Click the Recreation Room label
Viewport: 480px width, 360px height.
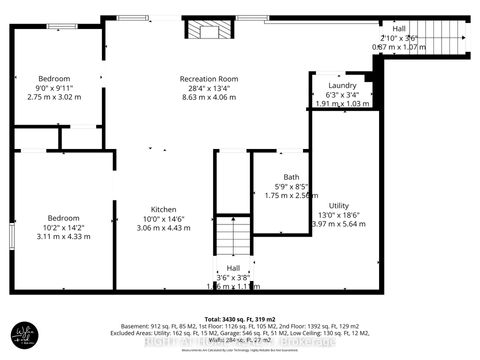[207, 78]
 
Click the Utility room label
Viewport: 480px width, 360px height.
[339, 204]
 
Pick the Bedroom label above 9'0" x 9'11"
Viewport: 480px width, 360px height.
[53, 78]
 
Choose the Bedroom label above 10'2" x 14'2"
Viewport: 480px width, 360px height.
[50, 215]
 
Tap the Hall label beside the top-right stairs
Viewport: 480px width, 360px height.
[399, 29]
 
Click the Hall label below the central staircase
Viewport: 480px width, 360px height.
[232, 267]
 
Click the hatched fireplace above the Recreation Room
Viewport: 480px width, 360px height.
[208, 30]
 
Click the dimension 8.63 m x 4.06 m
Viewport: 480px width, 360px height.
[207, 99]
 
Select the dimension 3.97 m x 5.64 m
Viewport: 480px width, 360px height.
[339, 224]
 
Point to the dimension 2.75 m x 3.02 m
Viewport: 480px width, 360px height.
[53, 98]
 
